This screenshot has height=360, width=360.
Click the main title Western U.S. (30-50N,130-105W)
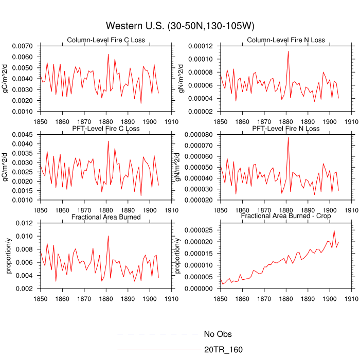coord(180,26)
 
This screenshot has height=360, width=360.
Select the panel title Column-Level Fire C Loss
coord(106,40)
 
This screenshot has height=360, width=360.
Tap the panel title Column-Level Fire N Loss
coord(286,40)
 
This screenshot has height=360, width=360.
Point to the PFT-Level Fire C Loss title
coord(106,129)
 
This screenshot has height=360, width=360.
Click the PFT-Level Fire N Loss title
coord(286,129)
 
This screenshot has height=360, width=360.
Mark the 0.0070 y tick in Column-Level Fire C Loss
coord(24,46)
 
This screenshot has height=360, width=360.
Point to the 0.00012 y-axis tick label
coord(202,46)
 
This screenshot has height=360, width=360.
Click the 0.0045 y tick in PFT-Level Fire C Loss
coord(24,135)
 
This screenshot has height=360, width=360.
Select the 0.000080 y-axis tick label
coord(200,135)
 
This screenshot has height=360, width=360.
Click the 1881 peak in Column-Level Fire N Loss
coord(288,51)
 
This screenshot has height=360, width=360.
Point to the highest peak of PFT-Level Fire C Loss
coord(108,141)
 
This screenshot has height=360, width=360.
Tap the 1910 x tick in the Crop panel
coord(352,297)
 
